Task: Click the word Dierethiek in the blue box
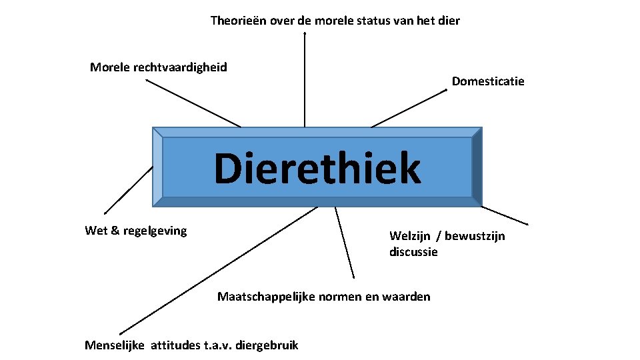pos(317,168)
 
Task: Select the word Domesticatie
pos(488,81)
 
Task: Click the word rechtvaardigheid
pos(180,67)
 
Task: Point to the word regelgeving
pos(155,231)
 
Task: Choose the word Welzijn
pos(409,236)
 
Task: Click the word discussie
pos(413,252)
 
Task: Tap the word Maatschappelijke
pos(261,297)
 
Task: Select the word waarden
pos(408,297)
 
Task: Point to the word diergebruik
pos(267,345)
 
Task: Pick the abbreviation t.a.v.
pos(213,345)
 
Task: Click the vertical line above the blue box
pos(305,80)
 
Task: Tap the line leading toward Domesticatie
pos(408,108)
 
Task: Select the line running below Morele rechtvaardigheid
pos(193,103)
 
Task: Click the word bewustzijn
pos(475,236)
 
